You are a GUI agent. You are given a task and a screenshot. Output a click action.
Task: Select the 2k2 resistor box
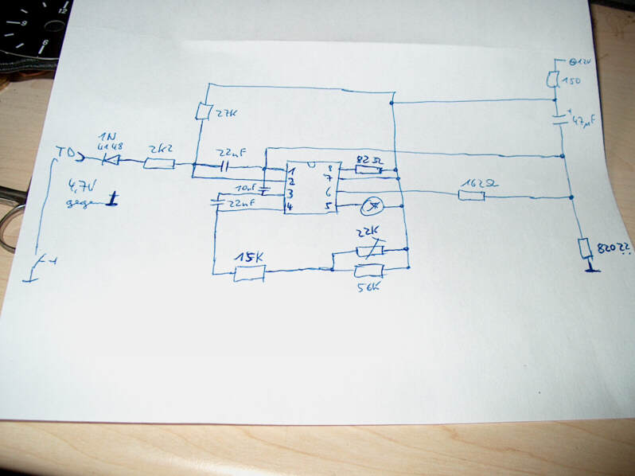[x=161, y=163]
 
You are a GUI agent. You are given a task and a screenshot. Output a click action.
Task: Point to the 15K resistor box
[x=249, y=274]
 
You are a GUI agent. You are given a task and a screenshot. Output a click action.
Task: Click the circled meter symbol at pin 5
[x=369, y=207]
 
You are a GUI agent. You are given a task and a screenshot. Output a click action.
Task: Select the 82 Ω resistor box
[x=368, y=169]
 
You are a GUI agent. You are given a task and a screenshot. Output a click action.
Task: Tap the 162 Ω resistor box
[x=471, y=193]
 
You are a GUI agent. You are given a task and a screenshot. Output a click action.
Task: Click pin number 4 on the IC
[x=292, y=207]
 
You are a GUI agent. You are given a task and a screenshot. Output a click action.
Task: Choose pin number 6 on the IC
[x=329, y=193]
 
